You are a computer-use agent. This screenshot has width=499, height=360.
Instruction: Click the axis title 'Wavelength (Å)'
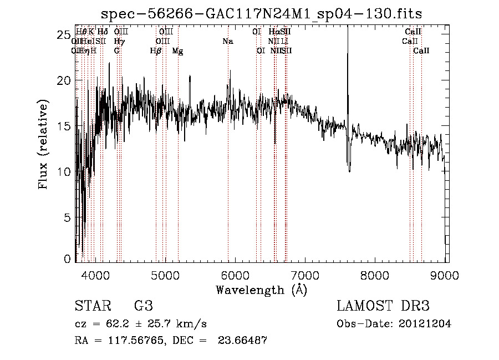(261, 290)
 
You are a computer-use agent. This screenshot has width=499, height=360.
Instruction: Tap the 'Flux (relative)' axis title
(43, 144)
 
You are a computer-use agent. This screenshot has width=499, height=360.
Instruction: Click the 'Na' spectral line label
(228, 41)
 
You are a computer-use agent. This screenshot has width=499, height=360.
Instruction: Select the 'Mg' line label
(177, 51)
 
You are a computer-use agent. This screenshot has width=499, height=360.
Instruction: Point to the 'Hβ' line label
(156, 51)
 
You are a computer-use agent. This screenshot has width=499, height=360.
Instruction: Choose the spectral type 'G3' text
(144, 307)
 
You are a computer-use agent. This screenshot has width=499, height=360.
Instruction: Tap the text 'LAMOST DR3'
(383, 307)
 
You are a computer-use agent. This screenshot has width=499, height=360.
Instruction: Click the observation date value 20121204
(425, 324)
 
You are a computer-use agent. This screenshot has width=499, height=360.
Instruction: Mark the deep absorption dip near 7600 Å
(349, 168)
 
